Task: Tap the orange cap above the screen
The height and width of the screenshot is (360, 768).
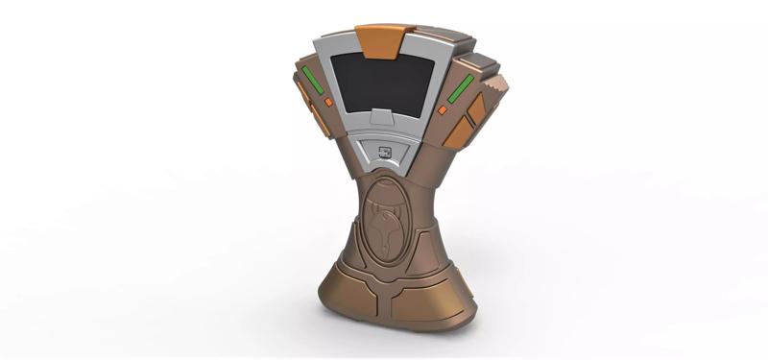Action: coord(378,39)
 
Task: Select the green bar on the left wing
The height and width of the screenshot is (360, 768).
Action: coord(310,79)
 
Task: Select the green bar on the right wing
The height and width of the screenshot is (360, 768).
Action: coord(459,89)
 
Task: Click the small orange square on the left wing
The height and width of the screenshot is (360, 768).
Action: coord(329,101)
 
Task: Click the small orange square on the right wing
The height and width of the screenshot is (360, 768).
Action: coord(443,110)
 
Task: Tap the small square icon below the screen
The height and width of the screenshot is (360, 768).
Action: coord(384,150)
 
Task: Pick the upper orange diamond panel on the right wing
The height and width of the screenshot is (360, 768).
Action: coord(474,108)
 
